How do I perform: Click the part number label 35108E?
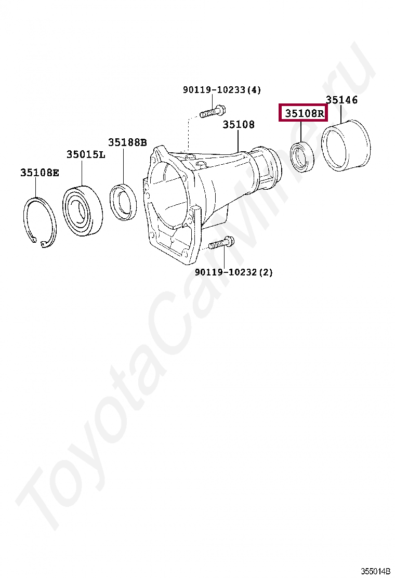pyautogui.click(x=39, y=173)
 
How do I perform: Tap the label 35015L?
pyautogui.click(x=85, y=154)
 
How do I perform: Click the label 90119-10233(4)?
pyautogui.click(x=221, y=90)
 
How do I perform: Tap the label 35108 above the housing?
pyautogui.click(x=239, y=125)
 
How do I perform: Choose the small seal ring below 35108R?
pyautogui.click(x=302, y=156)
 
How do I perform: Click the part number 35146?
pyautogui.click(x=341, y=100)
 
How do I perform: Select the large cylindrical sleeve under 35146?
pyautogui.click(x=345, y=146)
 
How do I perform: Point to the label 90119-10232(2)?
pyautogui.click(x=233, y=272)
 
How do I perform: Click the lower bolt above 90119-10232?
pyautogui.click(x=221, y=243)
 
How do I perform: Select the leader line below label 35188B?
pyautogui.click(x=124, y=165)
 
